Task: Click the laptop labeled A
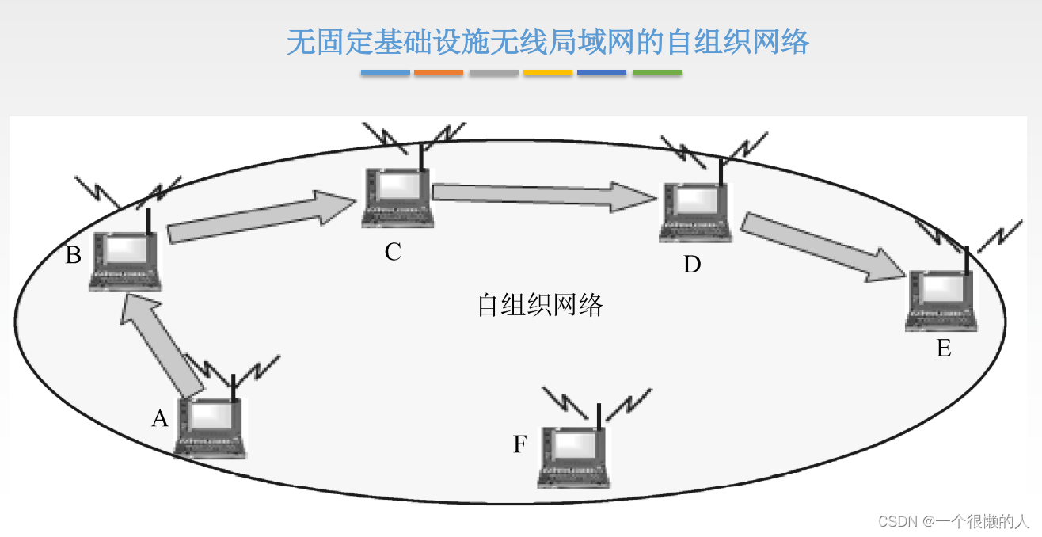[210, 428]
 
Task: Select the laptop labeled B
[126, 261]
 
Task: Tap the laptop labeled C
[397, 197]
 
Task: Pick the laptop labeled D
[695, 211]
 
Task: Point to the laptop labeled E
[941, 301]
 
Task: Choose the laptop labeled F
[574, 457]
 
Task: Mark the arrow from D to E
[823, 246]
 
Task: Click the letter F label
[519, 445]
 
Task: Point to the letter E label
[944, 348]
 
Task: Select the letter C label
[393, 253]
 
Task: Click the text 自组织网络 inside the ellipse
[540, 306]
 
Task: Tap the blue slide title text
[548, 42]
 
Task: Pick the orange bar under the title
[438, 73]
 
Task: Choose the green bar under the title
[656, 73]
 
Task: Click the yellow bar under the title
[547, 73]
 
